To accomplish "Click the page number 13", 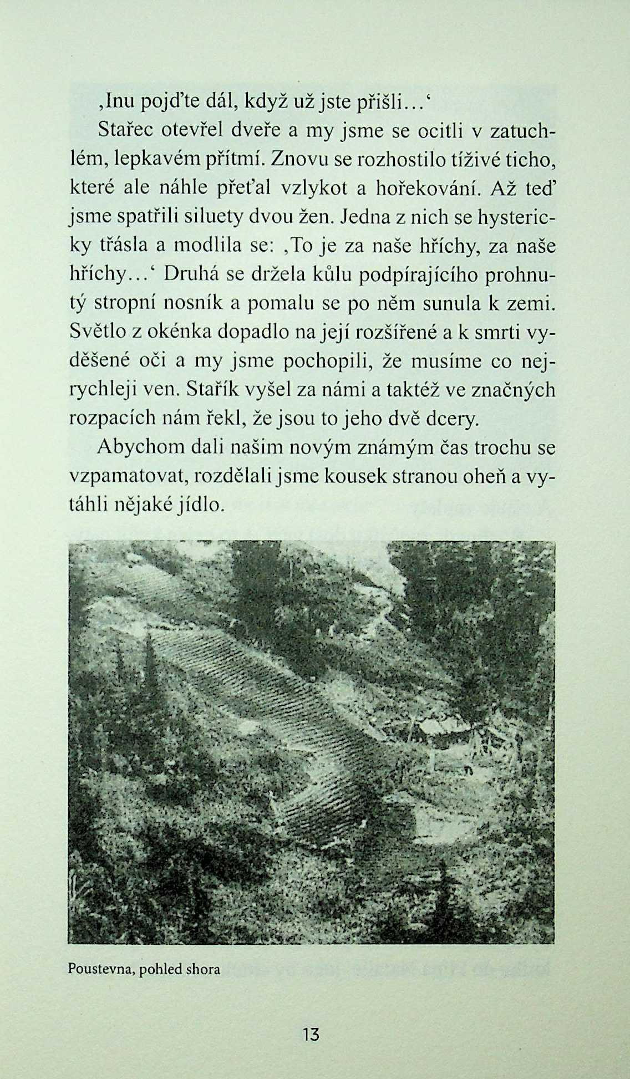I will (x=311, y=1034).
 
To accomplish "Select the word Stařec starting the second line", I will (x=125, y=130).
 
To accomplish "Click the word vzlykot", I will (x=314, y=188).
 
